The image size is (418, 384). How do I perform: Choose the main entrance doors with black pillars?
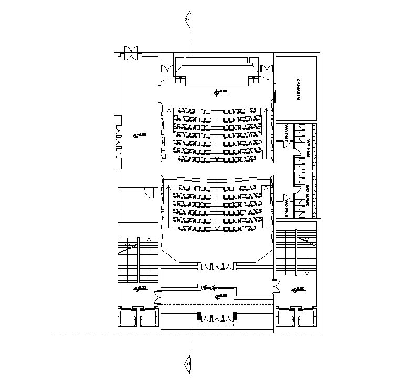tap(217, 317)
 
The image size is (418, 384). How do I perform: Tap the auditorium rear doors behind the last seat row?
tap(217, 266)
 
